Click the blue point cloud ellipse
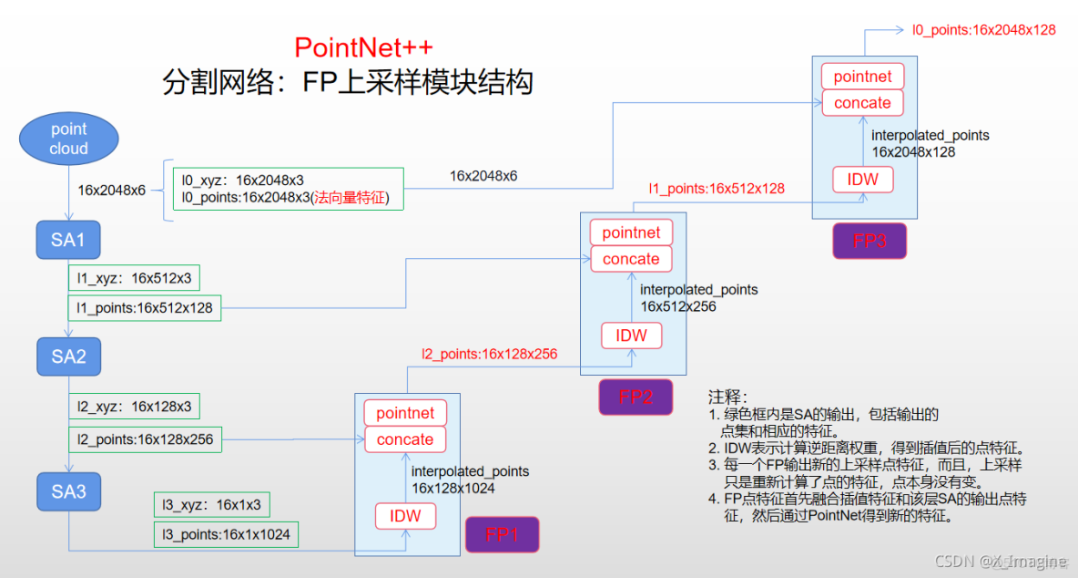pyautogui.click(x=68, y=139)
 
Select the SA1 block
pyautogui.click(x=68, y=241)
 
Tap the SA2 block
pyautogui.click(x=68, y=356)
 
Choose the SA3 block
pyautogui.click(x=68, y=492)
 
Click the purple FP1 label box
pyautogui.click(x=502, y=535)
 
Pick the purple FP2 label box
pyautogui.click(x=636, y=397)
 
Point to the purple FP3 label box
pyautogui.click(x=869, y=241)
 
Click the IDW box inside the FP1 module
pyautogui.click(x=405, y=516)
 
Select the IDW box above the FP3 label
pyautogui.click(x=862, y=180)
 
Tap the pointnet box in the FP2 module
pyautogui.click(x=631, y=232)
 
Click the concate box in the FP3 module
pyautogui.click(x=862, y=103)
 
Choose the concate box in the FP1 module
pyautogui.click(x=405, y=439)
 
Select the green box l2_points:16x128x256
pyautogui.click(x=145, y=439)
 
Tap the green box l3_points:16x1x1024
pyautogui.click(x=226, y=534)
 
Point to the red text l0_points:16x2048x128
pyautogui.click(x=984, y=30)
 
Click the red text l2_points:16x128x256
pyautogui.click(x=489, y=354)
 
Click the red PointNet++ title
pyautogui.click(x=363, y=47)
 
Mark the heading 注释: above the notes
pyautogui.click(x=727, y=397)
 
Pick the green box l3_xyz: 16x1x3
pyautogui.click(x=211, y=504)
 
